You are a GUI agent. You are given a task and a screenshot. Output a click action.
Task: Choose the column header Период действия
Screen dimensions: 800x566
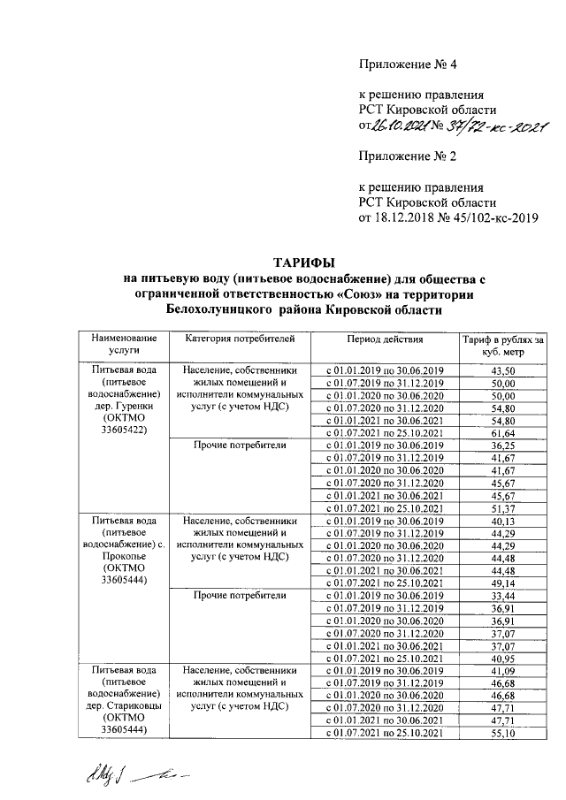(386, 339)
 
